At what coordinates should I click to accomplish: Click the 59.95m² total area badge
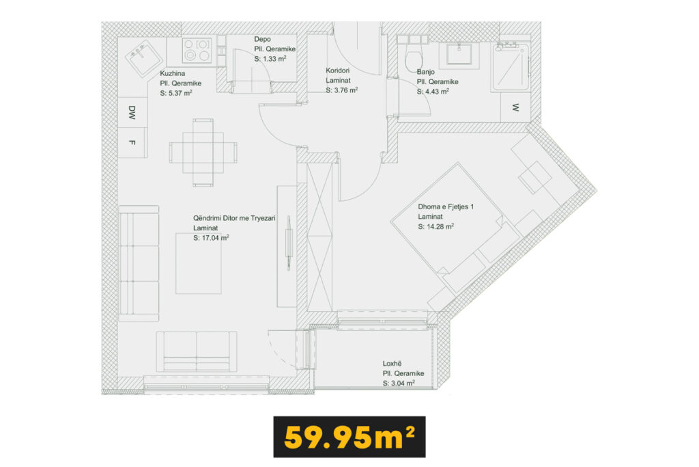349,437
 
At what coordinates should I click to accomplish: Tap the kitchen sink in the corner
143,58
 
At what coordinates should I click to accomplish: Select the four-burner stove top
197,51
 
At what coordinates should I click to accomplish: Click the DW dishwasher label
132,113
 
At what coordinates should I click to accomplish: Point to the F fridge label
132,142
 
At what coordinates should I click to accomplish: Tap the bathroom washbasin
459,55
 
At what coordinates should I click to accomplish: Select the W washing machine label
515,107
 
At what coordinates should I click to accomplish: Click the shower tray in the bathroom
511,67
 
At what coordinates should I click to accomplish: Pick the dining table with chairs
203,152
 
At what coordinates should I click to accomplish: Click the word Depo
263,39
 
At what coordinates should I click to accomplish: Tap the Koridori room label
337,70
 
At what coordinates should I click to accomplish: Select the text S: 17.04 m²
211,238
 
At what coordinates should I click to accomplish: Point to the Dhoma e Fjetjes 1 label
446,206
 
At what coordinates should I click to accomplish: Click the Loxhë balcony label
392,364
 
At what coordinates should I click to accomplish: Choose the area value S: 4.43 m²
433,92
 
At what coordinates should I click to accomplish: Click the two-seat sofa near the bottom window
197,351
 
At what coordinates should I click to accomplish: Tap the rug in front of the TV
199,263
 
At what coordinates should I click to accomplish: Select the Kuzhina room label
173,73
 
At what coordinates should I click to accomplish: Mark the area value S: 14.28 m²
436,226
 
